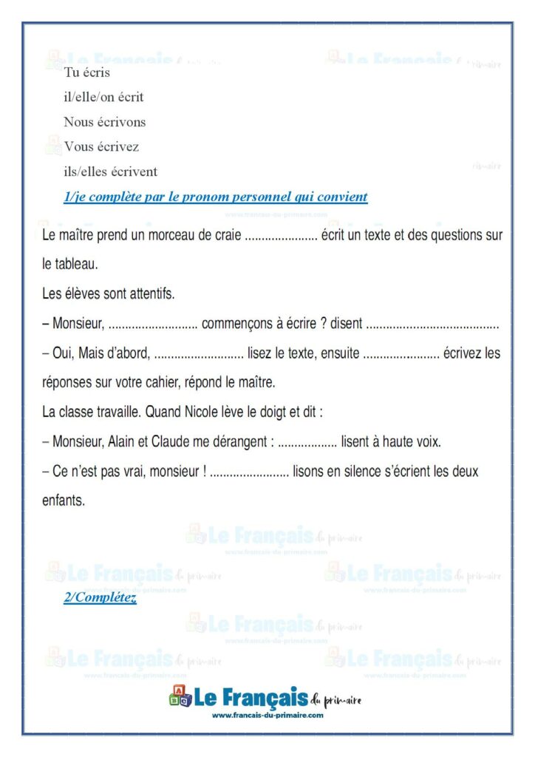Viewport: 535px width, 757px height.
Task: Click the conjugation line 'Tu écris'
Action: [87, 72]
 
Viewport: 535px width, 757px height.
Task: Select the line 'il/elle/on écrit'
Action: [103, 97]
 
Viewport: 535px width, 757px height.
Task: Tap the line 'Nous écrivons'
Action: [104, 122]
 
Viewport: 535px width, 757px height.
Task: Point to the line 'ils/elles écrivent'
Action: [110, 172]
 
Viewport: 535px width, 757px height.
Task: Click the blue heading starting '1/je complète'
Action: [215, 197]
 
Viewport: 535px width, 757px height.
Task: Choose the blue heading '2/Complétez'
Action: [100, 598]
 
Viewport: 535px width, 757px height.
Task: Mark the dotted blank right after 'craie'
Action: [280, 237]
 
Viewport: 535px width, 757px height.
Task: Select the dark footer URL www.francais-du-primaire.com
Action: [267, 715]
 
